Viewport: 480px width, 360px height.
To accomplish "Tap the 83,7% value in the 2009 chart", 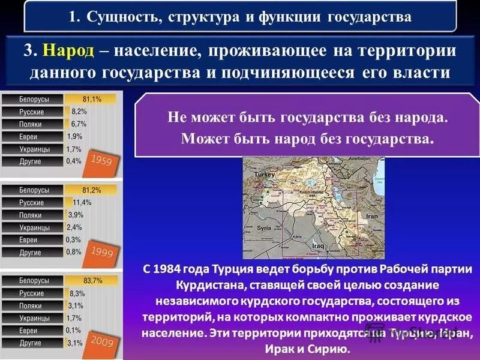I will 93,281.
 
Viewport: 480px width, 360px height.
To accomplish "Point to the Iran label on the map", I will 372,215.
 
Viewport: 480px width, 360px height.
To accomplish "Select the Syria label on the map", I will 264,229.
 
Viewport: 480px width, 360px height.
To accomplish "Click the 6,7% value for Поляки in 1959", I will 79,124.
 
